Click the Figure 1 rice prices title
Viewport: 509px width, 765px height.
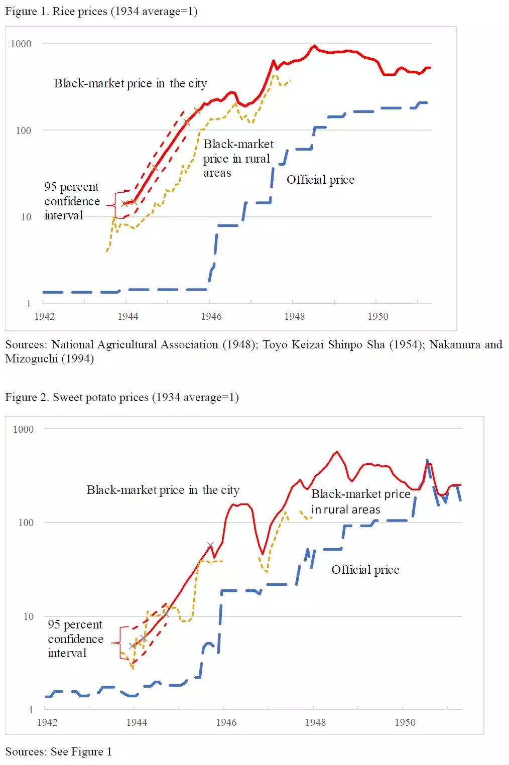coord(101,12)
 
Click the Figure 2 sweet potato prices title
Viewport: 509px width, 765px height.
coord(121,398)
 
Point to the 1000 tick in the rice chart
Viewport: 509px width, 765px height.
coord(21,44)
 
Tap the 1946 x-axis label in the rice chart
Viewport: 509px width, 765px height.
coord(211,316)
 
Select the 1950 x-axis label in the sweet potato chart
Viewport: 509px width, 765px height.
coord(405,722)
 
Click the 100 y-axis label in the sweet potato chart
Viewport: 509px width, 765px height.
coord(26,523)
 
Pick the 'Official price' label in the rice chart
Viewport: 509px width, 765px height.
coord(320,180)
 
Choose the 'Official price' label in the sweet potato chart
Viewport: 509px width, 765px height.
coord(365,570)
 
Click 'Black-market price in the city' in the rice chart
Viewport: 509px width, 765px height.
coord(131,83)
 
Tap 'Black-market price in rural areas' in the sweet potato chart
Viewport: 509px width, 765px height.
coord(360,501)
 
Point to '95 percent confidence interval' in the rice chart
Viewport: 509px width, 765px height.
coord(72,201)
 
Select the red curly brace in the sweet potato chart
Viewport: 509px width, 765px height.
coord(118,643)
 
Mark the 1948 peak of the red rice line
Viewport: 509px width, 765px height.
coord(315,46)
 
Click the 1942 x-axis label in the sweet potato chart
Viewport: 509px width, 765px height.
coord(47,722)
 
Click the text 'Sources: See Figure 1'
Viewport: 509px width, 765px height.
coord(58,751)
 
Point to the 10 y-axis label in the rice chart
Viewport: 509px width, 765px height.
coord(26,217)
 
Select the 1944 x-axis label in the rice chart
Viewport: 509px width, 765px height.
coord(128,316)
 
